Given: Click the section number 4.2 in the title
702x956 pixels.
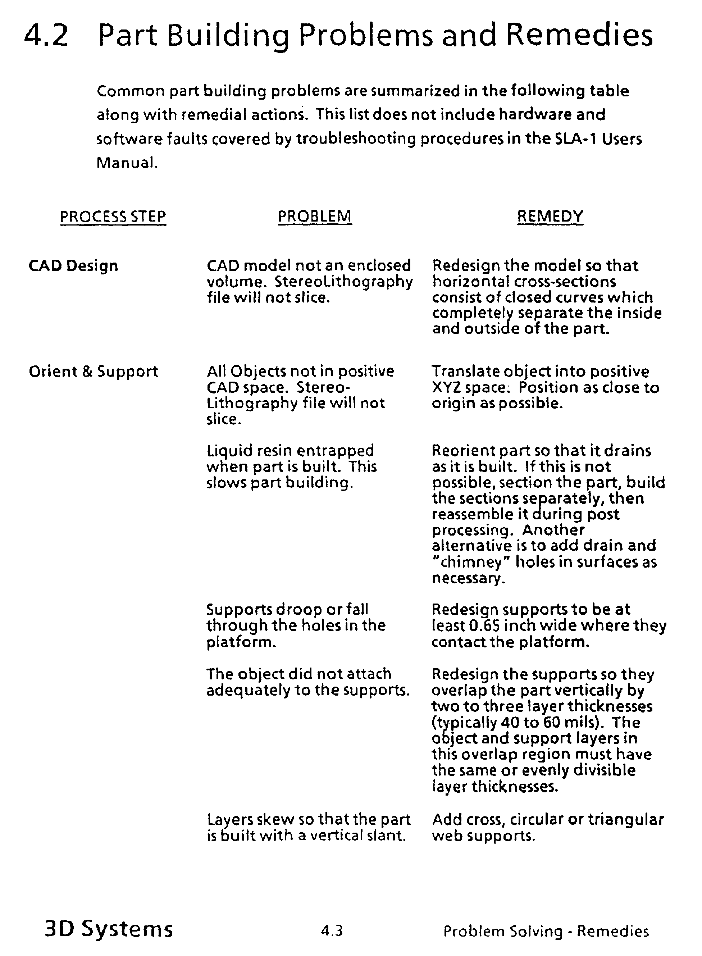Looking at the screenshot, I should [46, 35].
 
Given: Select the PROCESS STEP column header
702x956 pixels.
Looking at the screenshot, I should [113, 217].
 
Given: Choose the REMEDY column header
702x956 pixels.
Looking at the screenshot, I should [550, 217].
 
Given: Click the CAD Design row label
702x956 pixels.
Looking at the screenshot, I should [73, 266].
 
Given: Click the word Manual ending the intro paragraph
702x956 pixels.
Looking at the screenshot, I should [126, 163].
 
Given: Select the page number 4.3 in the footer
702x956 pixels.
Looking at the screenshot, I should [332, 931].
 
